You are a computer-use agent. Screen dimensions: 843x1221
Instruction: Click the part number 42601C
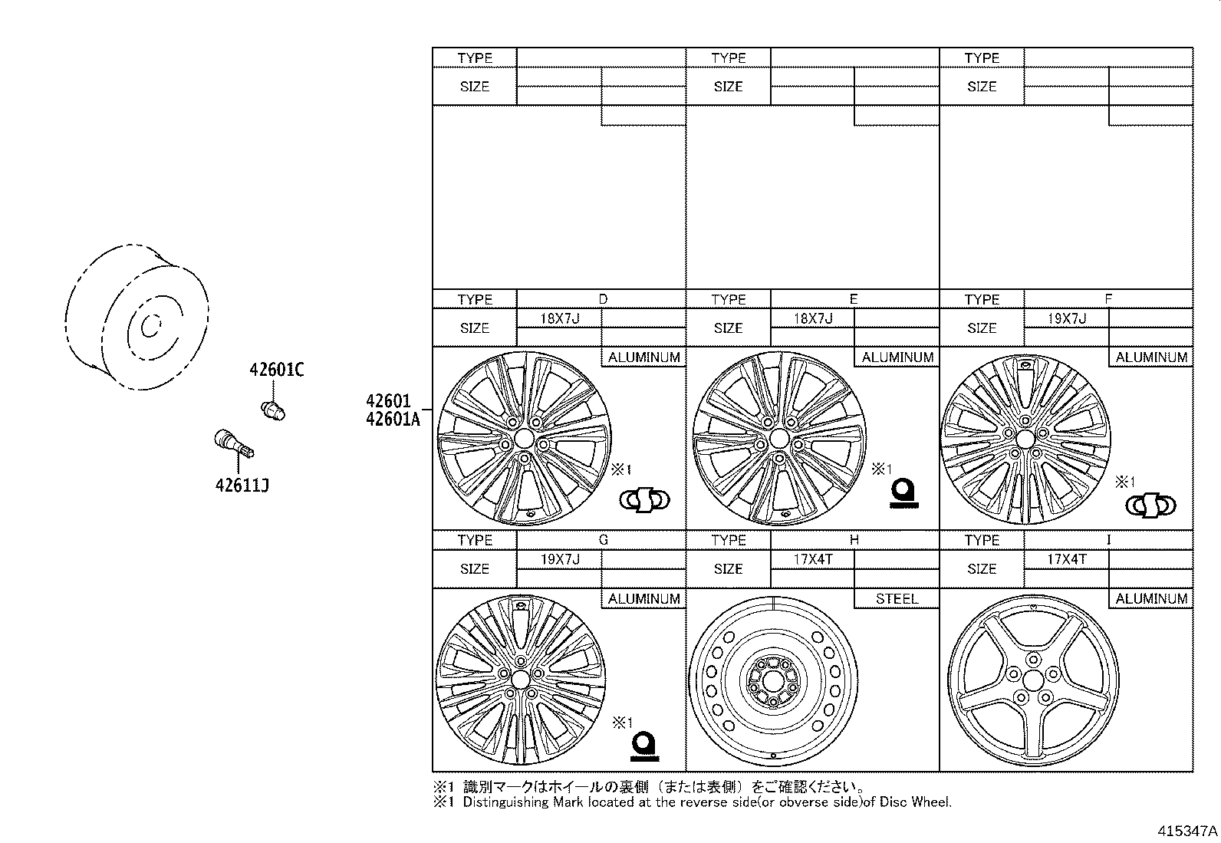click(x=276, y=370)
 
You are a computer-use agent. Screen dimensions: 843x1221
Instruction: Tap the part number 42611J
click(x=242, y=485)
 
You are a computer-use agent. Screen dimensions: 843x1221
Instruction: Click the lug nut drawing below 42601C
click(x=273, y=410)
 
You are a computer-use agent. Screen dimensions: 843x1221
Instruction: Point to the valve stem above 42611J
click(x=232, y=445)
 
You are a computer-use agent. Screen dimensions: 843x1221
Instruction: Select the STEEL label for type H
click(x=896, y=598)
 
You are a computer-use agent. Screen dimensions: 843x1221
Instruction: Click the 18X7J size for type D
click(x=559, y=318)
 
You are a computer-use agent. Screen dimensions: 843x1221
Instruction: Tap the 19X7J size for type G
click(x=559, y=559)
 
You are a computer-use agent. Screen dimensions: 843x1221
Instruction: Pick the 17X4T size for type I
click(x=1066, y=559)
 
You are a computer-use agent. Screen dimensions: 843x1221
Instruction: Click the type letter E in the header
click(x=854, y=299)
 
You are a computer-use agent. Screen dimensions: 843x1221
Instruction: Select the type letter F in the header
click(x=1107, y=299)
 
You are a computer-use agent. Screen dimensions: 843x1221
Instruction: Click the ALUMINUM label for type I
click(x=1150, y=598)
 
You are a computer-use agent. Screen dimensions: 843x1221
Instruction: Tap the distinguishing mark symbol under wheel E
click(x=903, y=493)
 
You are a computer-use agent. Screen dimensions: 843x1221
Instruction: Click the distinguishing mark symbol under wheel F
click(x=1150, y=505)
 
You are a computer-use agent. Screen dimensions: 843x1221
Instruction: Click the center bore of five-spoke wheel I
click(x=1032, y=680)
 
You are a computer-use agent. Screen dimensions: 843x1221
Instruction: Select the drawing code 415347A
click(x=1186, y=830)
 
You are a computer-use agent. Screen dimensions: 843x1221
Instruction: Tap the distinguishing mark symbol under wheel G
click(x=644, y=746)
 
